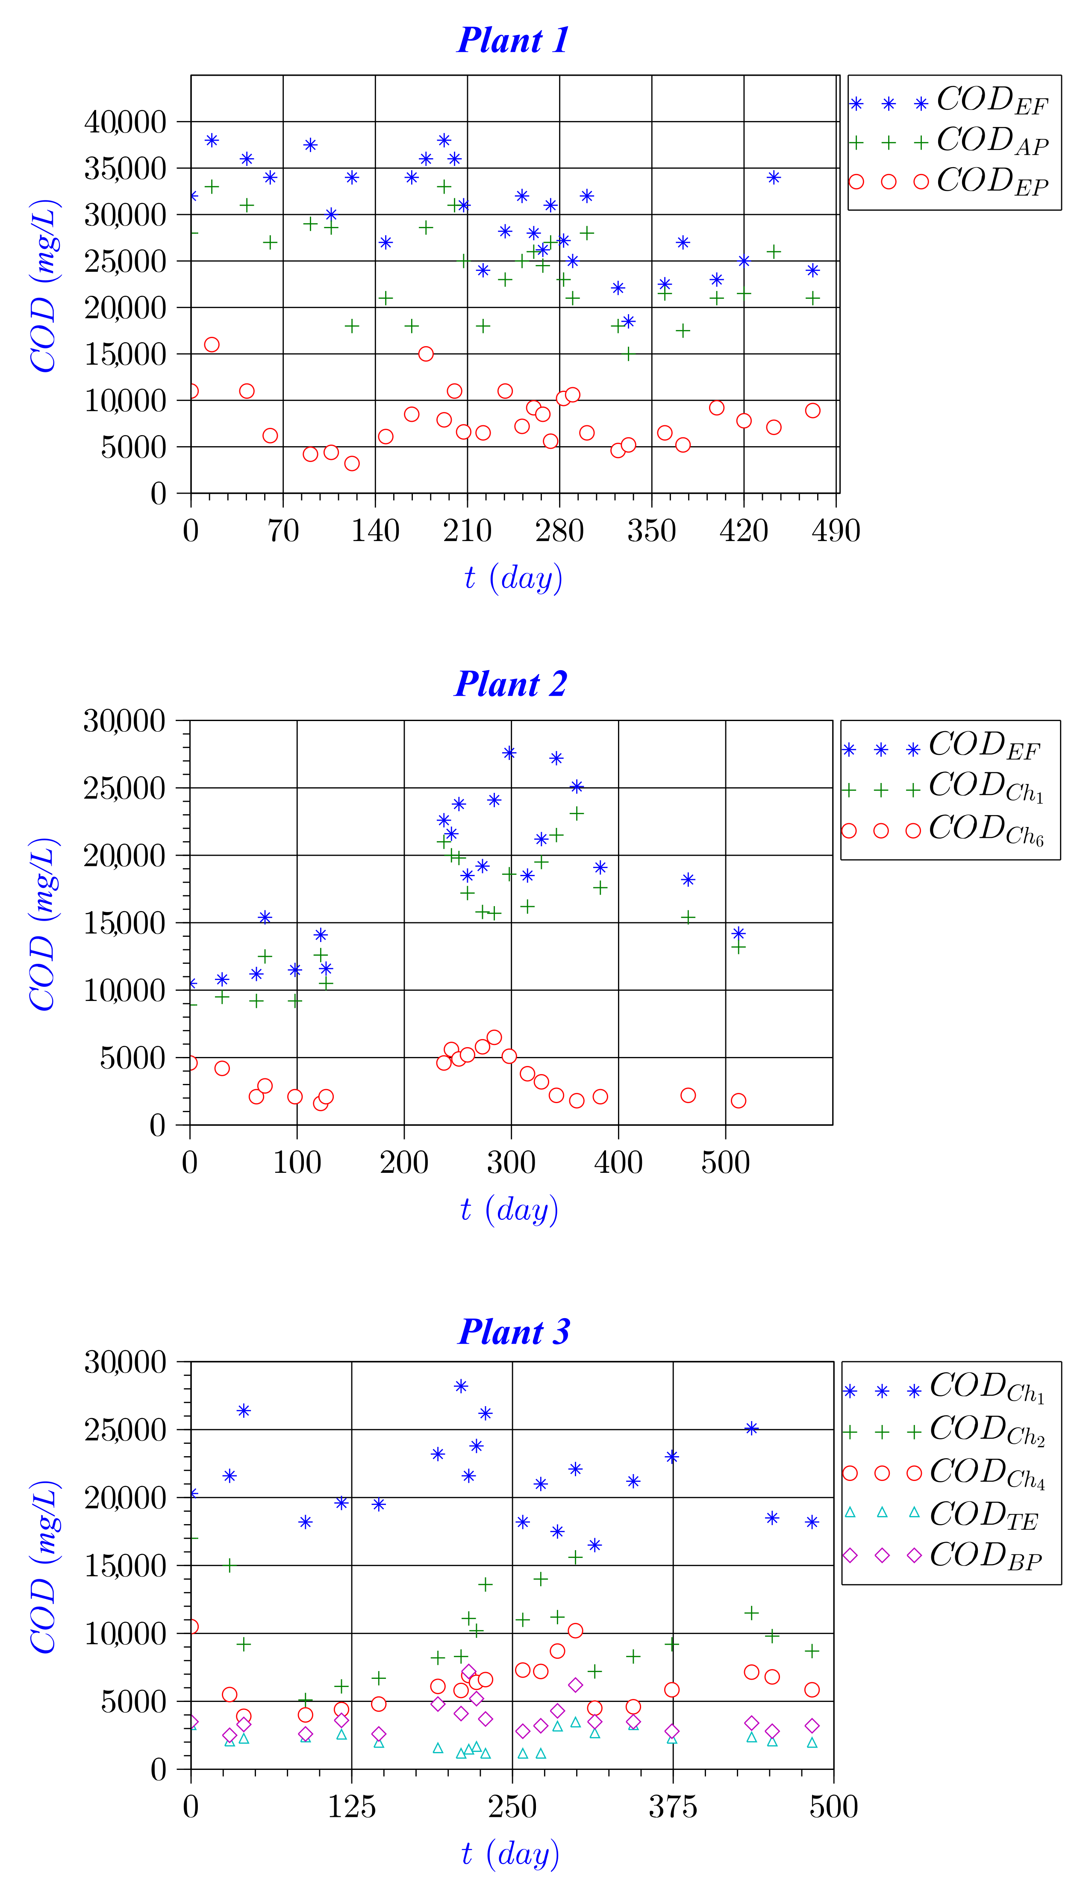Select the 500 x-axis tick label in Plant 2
click(x=725, y=1162)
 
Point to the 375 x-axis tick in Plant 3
click(x=673, y=1807)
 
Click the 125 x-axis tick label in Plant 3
click(x=352, y=1807)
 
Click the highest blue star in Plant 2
click(x=509, y=753)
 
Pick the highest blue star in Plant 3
click(x=461, y=1387)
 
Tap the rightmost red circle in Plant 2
click(x=738, y=1101)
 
